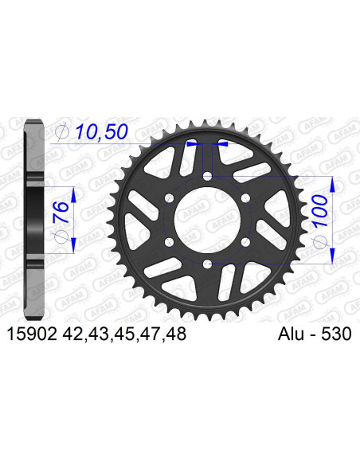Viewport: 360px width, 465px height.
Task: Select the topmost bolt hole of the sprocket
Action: click(206, 176)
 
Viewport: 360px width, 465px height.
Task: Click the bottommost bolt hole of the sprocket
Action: click(206, 264)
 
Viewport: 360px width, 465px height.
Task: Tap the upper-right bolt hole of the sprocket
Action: click(245, 198)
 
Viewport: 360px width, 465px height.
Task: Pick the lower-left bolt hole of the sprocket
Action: click(168, 242)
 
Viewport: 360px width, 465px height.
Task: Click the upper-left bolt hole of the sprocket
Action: click(168, 198)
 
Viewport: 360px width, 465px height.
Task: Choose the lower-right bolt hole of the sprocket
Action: click(245, 242)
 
